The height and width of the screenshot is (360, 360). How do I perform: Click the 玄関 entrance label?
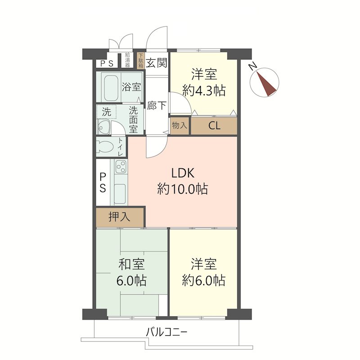click(156, 62)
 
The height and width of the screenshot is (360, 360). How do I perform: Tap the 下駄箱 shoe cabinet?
click(140, 61)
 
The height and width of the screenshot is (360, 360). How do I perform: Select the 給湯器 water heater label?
click(127, 60)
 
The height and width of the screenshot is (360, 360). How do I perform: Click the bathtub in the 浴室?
click(111, 87)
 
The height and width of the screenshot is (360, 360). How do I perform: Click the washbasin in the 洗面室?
click(103, 126)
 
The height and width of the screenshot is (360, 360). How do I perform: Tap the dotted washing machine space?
click(106, 112)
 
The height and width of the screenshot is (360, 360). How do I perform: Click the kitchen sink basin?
click(120, 193)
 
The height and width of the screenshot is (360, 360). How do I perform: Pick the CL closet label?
click(214, 126)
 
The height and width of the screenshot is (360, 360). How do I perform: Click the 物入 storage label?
click(180, 126)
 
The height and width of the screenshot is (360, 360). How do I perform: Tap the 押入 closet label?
click(119, 216)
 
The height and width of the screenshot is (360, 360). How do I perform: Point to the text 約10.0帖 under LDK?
click(183, 189)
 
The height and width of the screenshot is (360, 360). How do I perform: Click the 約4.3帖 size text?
click(204, 90)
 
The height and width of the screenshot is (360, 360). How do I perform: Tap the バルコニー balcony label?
click(166, 332)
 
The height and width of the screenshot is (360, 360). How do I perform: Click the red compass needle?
click(266, 84)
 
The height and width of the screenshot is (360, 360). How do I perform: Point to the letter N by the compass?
click(253, 67)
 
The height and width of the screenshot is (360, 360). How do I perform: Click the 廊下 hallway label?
click(157, 106)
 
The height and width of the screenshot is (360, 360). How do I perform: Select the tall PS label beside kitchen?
click(103, 183)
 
